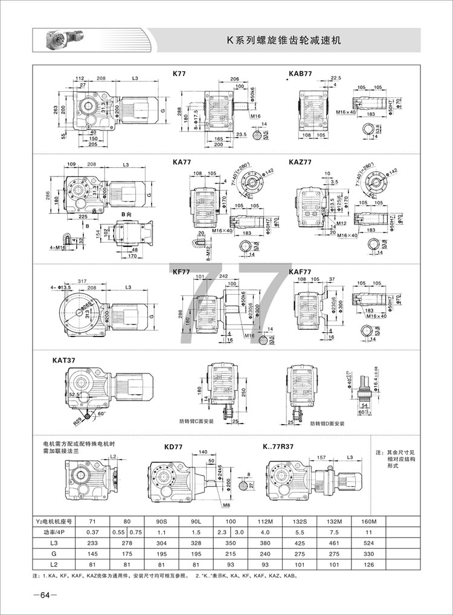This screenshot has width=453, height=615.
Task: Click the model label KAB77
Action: [300, 73]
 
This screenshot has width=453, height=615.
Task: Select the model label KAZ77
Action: [300, 163]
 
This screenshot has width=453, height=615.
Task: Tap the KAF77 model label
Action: [300, 272]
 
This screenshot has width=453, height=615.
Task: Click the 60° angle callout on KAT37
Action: [101, 414]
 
